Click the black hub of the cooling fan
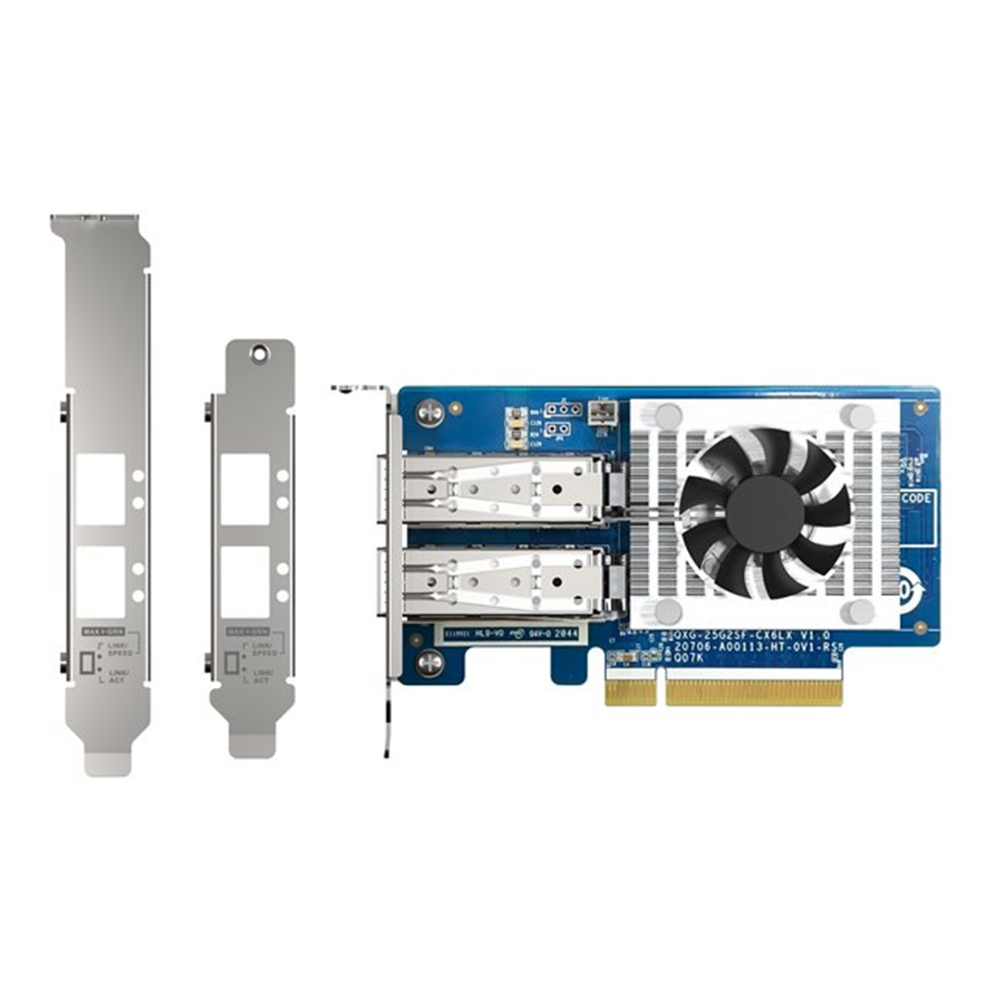[x=764, y=514]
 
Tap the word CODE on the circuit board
[x=917, y=498]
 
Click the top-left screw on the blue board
[x=429, y=409]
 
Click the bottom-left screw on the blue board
[x=429, y=662]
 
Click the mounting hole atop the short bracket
[x=259, y=351]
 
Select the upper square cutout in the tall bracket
[x=100, y=489]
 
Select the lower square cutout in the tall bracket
[x=100, y=582]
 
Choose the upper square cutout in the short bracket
[x=245, y=489]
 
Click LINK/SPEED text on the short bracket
[x=262, y=648]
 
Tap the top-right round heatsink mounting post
[x=857, y=416]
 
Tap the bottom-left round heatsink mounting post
[x=669, y=611]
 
